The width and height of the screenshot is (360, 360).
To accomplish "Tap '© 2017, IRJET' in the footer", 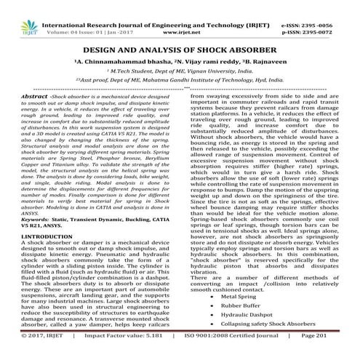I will coord(30,351).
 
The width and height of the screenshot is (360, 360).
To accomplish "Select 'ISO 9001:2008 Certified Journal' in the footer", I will coord(233,351).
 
